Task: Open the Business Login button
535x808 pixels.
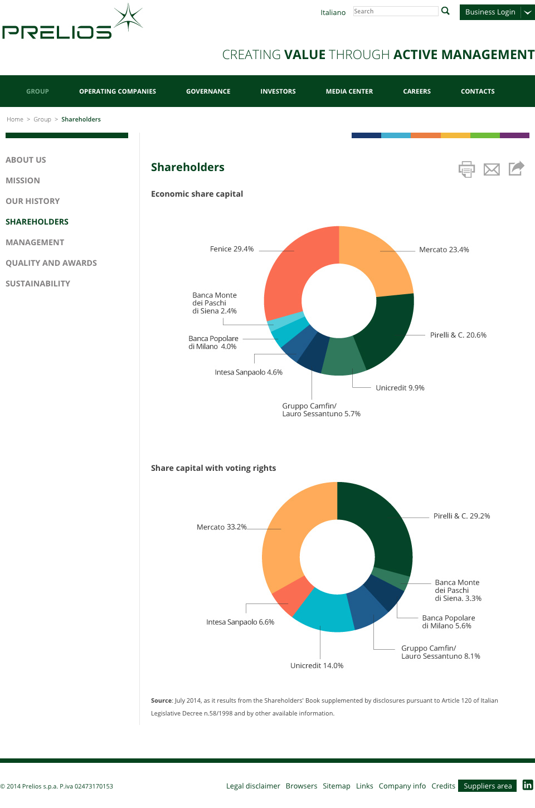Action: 490,12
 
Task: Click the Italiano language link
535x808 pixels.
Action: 333,12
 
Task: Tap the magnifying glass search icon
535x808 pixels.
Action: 445,11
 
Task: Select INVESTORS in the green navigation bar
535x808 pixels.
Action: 278,91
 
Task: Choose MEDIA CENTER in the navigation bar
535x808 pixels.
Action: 349,91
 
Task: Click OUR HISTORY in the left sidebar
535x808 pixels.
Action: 32,201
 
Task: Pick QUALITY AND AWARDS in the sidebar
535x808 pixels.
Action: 51,263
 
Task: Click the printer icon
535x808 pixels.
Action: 466,169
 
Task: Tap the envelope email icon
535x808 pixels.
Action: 492,169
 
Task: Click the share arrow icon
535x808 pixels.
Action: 517,168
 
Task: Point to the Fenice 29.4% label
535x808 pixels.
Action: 232,249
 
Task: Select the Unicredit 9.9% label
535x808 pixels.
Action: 400,388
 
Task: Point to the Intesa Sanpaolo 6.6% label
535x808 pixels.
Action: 240,622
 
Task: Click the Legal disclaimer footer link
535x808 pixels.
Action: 253,786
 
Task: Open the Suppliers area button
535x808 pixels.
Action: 487,786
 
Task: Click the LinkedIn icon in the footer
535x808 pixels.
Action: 528,785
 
